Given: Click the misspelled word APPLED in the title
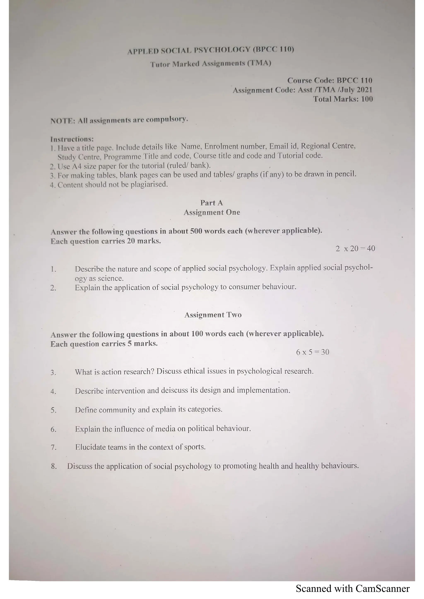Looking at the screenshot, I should pos(143,51).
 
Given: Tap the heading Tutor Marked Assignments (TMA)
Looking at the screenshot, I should pos(211,64).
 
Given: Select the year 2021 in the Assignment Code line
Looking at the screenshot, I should pos(364,90).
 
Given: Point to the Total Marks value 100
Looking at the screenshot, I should pos(367,99).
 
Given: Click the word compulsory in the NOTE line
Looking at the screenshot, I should pos(167,120).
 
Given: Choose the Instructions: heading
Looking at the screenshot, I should pos(72,139).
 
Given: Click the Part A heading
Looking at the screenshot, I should pos(211,203).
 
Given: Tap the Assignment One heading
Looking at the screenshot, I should pos(212,212).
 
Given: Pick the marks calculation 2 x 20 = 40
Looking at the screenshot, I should pos(355,248).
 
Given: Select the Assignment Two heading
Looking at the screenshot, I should pos(213,315).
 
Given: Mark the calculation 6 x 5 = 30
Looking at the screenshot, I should pos(312,352).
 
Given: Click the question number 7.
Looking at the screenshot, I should pos(54,448).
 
